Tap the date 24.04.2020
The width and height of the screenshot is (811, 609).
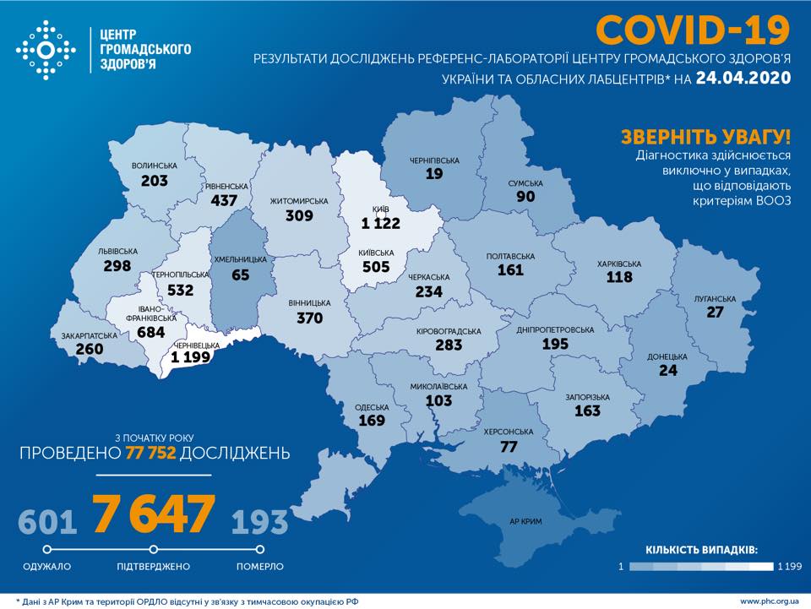pyautogui.click(x=743, y=79)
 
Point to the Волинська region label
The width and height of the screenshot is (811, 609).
pyautogui.click(x=155, y=166)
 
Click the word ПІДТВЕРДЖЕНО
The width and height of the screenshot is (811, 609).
pyautogui.click(x=154, y=566)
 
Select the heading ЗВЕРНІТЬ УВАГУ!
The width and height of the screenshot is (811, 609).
pyautogui.click(x=705, y=137)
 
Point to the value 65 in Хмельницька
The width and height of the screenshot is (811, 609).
pyautogui.click(x=241, y=275)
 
